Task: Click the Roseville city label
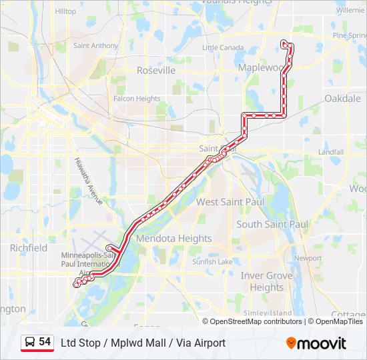155,70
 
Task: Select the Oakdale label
342,98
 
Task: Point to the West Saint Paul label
230,201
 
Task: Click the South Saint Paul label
272,224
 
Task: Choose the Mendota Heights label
173,238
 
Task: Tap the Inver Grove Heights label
266,281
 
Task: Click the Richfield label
29,247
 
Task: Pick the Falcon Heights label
137,99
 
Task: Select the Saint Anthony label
95,46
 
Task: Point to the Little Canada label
223,47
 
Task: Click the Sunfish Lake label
212,261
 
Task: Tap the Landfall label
331,152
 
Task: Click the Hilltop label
65,11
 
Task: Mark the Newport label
308,258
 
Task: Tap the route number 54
45,342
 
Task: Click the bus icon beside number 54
30,342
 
